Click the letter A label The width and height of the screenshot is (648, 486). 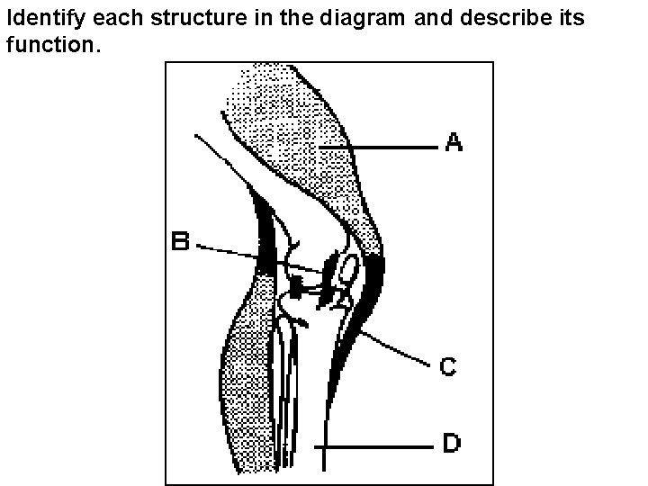(454, 141)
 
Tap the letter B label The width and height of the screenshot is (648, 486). (181, 242)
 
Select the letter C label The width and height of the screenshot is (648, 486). (447, 366)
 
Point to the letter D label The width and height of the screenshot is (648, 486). (452, 444)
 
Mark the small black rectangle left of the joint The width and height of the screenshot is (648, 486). (295, 288)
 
